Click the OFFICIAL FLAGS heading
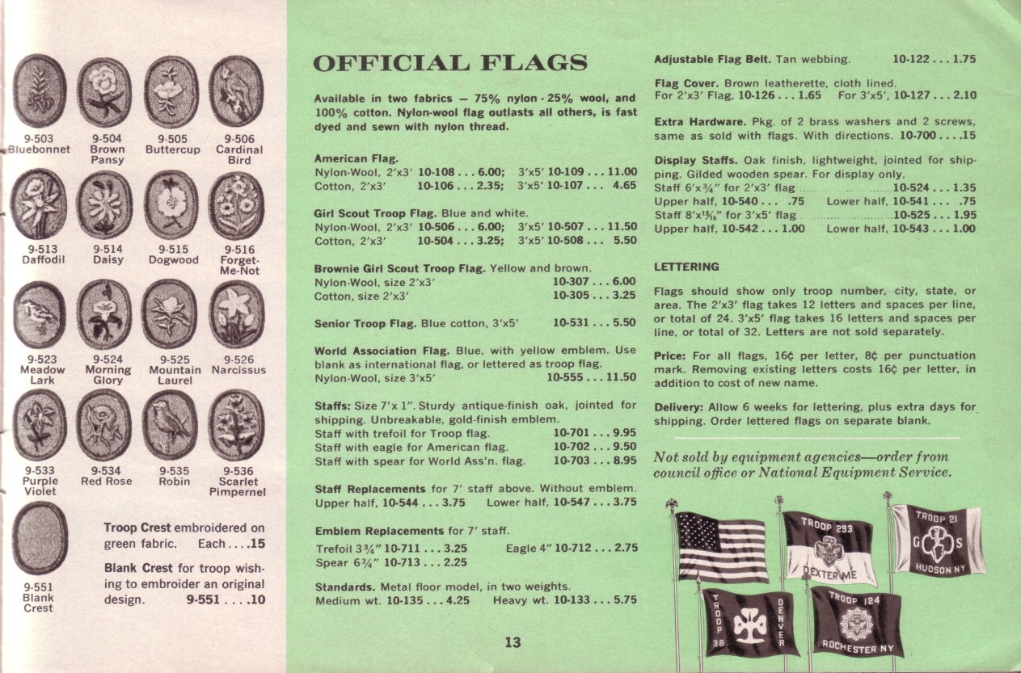click(450, 63)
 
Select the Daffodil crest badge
click(39, 204)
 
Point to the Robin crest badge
click(170, 424)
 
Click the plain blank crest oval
click(40, 537)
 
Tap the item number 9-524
click(108, 360)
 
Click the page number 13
click(513, 643)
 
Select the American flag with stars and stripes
click(722, 546)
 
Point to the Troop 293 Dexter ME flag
click(829, 548)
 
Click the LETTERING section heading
click(686, 267)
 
